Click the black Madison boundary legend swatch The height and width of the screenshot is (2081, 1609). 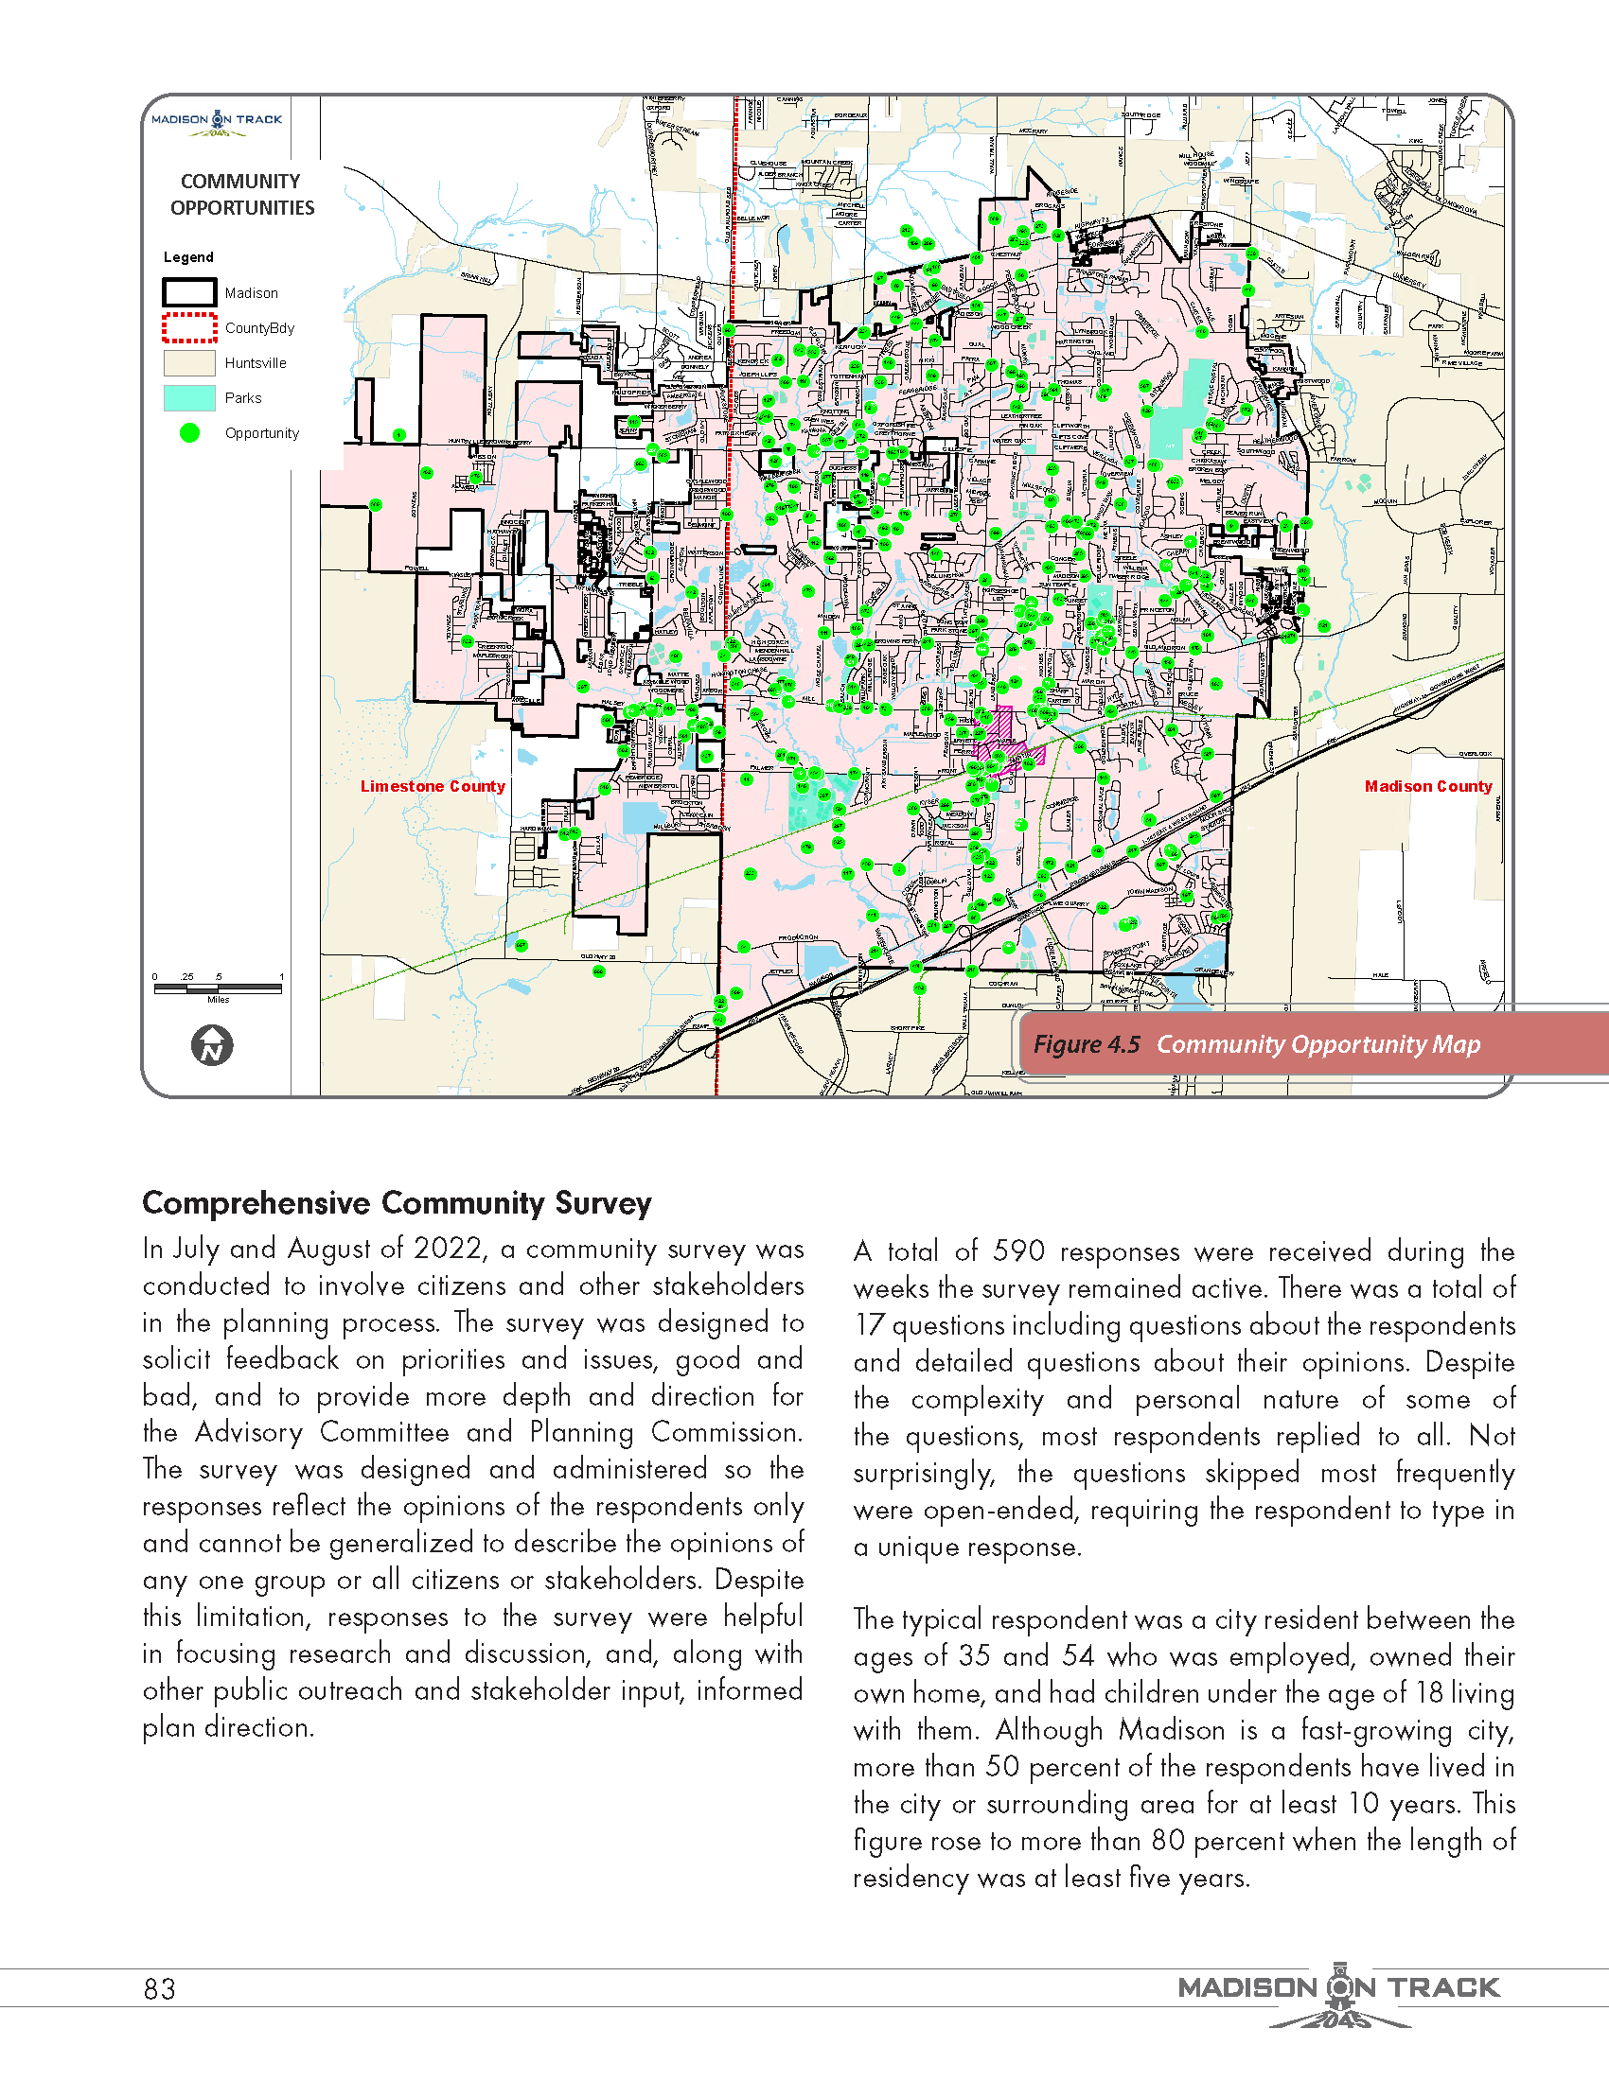[x=188, y=292]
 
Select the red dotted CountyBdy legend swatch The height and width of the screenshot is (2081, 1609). [x=188, y=328]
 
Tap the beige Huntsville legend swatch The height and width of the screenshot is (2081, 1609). [x=188, y=363]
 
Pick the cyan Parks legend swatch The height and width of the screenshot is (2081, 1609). [x=188, y=397]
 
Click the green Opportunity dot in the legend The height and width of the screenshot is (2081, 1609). [x=189, y=432]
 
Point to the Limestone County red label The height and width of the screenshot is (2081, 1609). [x=432, y=786]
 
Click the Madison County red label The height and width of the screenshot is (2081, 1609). [x=1427, y=786]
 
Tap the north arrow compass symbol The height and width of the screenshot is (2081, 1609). [x=212, y=1045]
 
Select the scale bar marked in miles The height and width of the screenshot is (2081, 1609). [x=218, y=988]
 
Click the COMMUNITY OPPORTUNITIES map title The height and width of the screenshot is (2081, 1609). [x=241, y=194]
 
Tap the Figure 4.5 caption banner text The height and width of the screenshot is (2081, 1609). [x=1256, y=1044]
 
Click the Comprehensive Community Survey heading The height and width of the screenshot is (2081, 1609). [x=397, y=1203]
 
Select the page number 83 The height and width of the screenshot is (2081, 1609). [x=159, y=1989]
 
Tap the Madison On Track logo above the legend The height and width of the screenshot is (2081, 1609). [x=218, y=122]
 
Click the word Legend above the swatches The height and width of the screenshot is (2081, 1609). [x=187, y=257]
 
